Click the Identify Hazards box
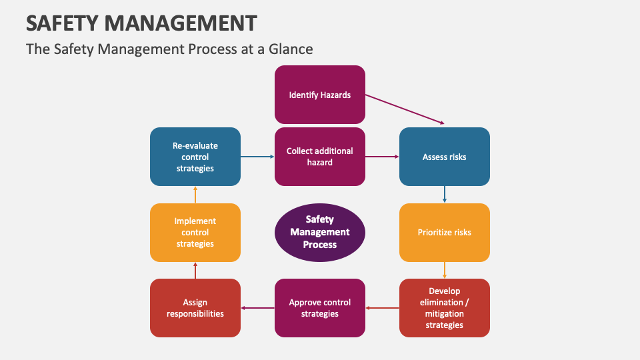(x=319, y=95)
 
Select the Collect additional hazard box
(x=319, y=157)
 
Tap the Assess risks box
(x=445, y=157)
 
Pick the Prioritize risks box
(x=445, y=233)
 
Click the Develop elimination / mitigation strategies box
(x=445, y=308)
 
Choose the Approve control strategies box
(x=319, y=308)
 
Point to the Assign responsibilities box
(x=195, y=308)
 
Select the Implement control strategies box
(x=195, y=233)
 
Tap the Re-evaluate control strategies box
(x=195, y=157)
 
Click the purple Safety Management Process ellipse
(x=319, y=233)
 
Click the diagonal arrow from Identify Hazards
(x=405, y=109)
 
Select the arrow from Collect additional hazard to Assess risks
(x=382, y=157)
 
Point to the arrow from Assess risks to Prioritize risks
(x=445, y=195)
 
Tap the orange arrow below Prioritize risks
(x=445, y=270)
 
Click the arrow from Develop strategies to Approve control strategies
(x=382, y=308)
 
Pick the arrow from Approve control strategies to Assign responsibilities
(x=257, y=308)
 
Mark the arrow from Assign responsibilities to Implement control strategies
(x=195, y=270)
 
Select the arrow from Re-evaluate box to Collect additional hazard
(x=257, y=157)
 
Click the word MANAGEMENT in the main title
(x=181, y=23)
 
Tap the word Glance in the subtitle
(x=291, y=49)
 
